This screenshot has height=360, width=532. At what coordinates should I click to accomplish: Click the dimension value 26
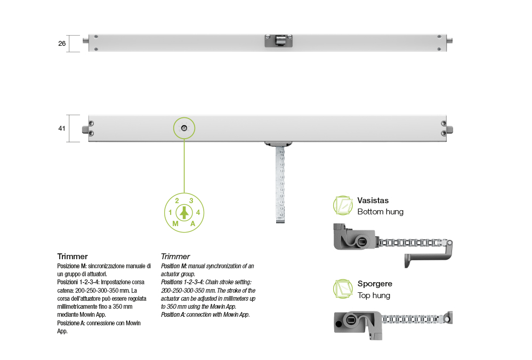point(62,43)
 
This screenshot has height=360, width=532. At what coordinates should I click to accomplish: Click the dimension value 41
point(62,128)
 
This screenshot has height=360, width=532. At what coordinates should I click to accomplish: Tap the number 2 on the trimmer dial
point(177,201)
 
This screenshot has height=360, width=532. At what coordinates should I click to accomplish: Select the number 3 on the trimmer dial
point(191,201)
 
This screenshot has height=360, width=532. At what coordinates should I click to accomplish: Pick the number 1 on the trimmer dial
point(170,212)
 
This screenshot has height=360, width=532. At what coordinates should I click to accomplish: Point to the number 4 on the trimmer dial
point(198,212)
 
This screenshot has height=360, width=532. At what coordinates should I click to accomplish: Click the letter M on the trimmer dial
point(175,223)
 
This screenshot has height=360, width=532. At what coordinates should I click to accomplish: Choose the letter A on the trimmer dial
point(193,223)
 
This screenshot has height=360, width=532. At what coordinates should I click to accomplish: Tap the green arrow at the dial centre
point(184,213)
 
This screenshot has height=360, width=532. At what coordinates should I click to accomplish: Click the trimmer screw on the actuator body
point(184,128)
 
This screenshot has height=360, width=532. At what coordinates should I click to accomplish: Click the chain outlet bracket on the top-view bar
point(279,41)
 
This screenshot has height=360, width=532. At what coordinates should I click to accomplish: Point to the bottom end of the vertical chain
point(280,221)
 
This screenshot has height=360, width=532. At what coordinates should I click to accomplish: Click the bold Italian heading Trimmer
point(72,257)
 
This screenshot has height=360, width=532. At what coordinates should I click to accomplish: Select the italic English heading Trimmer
point(175,257)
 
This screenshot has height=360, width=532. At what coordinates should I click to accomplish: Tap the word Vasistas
point(373,201)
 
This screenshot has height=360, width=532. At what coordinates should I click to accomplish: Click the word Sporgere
point(375,284)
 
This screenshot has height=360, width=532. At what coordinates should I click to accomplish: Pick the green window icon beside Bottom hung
point(343,205)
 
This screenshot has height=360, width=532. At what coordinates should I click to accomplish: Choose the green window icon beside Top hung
point(343,289)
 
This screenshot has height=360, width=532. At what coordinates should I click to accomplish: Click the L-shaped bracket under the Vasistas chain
point(428,257)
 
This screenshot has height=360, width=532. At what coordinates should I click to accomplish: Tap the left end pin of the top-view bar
point(86,41)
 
